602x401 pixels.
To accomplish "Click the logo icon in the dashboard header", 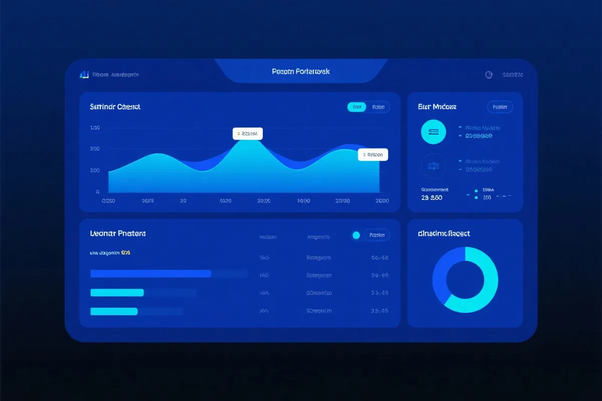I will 84,75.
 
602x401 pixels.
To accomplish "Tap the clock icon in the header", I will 489,75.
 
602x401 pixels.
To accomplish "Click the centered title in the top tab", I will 301,72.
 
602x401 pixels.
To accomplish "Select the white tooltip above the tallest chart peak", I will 247,134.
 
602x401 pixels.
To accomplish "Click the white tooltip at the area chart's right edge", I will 373,155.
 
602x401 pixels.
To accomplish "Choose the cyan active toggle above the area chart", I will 357,107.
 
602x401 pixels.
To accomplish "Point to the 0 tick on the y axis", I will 97,192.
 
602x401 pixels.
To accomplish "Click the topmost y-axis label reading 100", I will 95,128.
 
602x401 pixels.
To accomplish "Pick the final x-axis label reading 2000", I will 381,201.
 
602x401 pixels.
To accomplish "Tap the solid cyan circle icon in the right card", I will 433,132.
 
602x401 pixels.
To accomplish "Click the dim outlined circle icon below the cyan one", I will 433,165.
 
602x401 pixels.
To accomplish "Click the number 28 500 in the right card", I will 432,198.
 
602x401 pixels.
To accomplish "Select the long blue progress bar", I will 150,274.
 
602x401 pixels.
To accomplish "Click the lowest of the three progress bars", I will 114,311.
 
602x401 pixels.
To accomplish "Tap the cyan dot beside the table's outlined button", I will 356,235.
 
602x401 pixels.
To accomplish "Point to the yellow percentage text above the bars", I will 125,253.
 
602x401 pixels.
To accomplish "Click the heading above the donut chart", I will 443,234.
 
